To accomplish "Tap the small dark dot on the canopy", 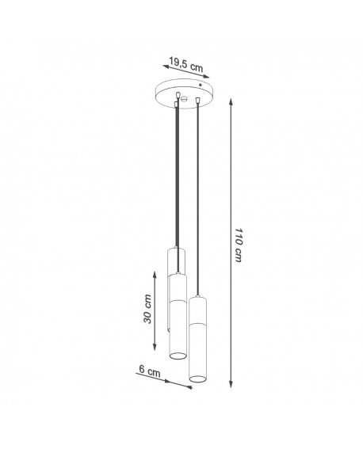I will [204, 84].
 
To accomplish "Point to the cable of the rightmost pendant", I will [196, 198].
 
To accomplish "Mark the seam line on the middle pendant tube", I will [178, 302].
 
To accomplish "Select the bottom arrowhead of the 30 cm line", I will [154, 349].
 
